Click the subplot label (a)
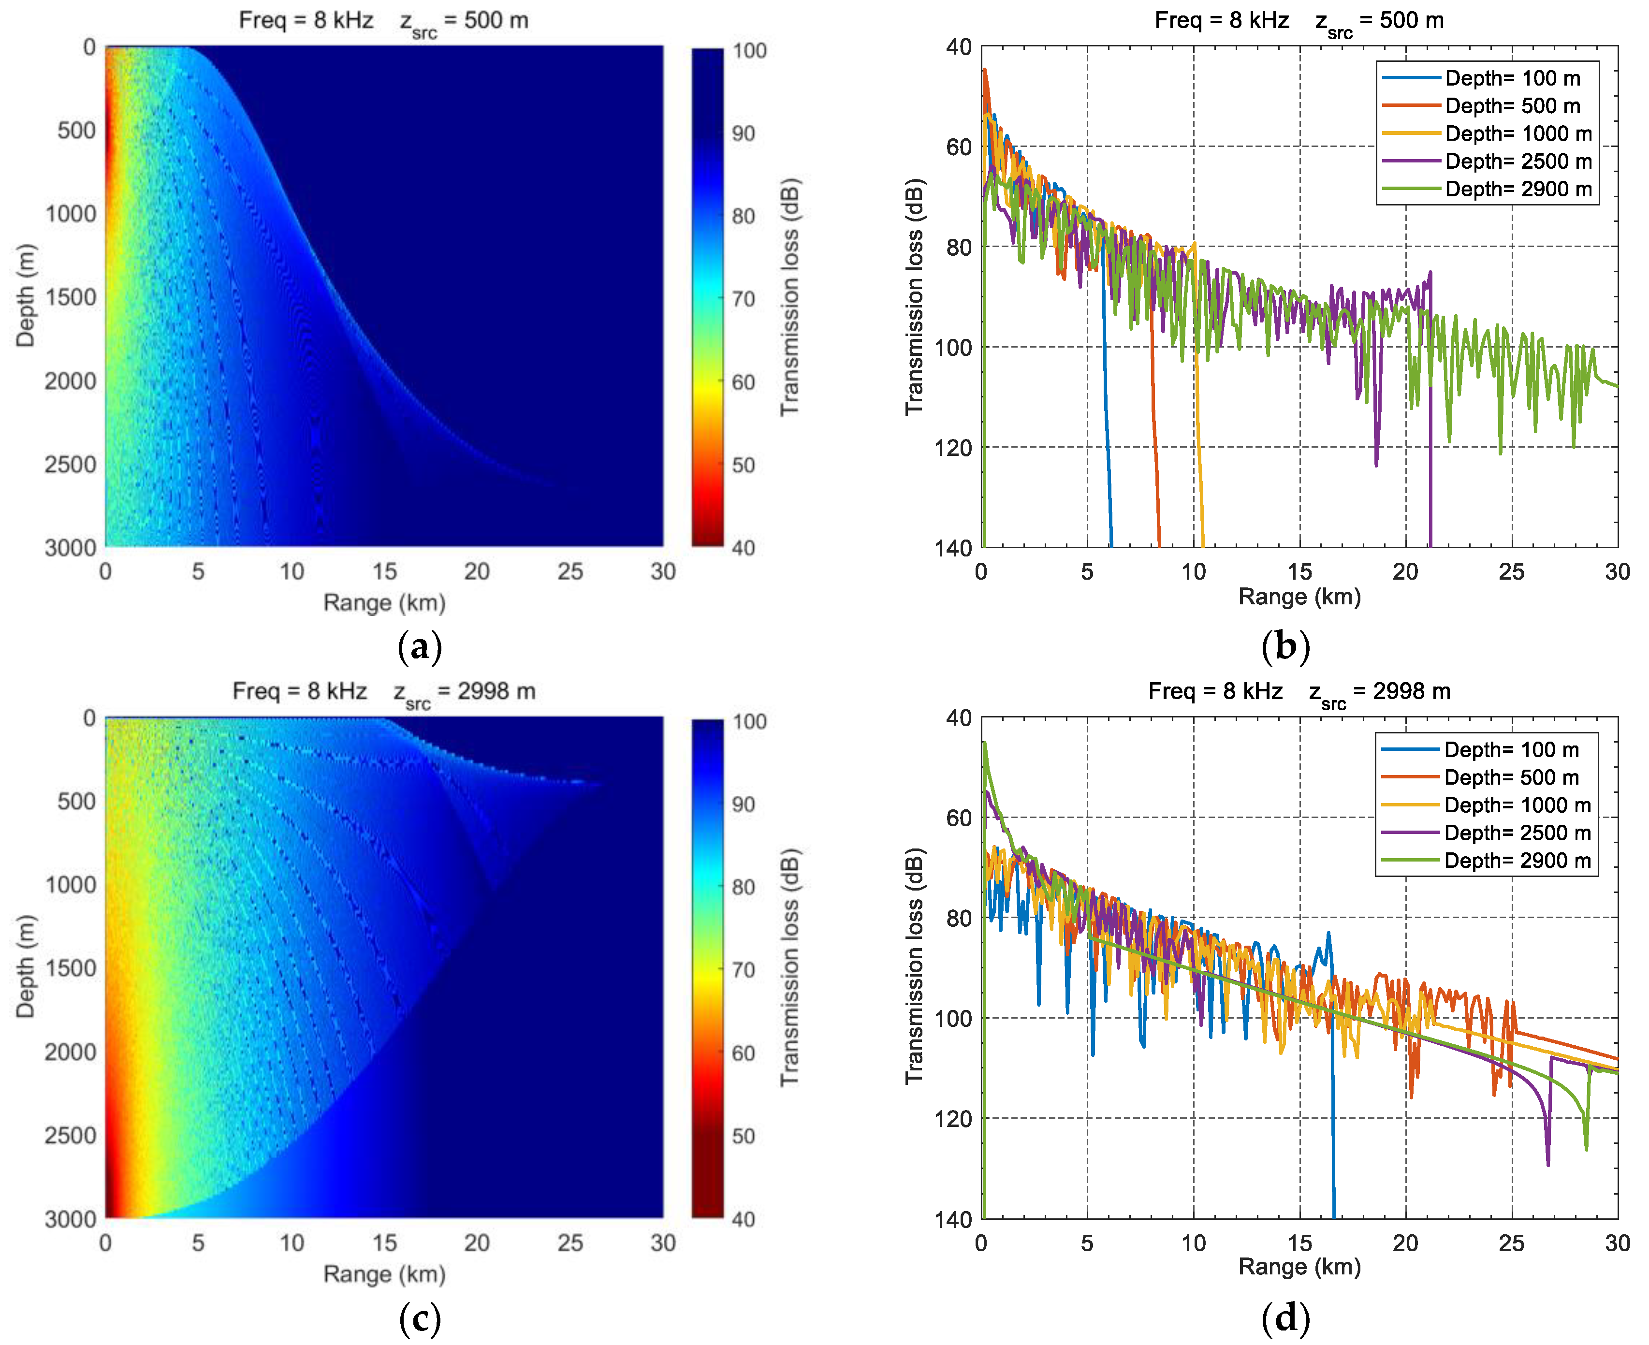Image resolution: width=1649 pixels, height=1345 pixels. click(419, 647)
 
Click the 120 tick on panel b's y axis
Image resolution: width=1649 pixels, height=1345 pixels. click(958, 448)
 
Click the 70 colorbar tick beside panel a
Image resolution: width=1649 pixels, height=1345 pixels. click(744, 299)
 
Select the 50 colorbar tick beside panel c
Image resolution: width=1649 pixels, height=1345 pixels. click(744, 1136)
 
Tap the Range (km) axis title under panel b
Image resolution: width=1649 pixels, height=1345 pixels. click(1299, 597)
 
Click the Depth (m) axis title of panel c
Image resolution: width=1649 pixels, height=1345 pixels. click(26, 967)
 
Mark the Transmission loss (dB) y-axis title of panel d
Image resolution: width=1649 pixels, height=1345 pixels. click(915, 967)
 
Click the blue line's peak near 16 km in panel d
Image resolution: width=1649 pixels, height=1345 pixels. click(1328, 934)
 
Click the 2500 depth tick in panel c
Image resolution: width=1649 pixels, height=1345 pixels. click(71, 1136)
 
